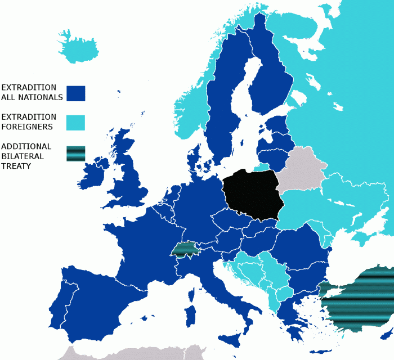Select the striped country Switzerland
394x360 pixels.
point(186,249)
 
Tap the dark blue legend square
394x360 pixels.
point(75,93)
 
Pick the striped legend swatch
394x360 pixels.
point(75,154)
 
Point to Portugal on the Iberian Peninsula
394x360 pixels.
point(58,304)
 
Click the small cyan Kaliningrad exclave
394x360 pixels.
point(261,167)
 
